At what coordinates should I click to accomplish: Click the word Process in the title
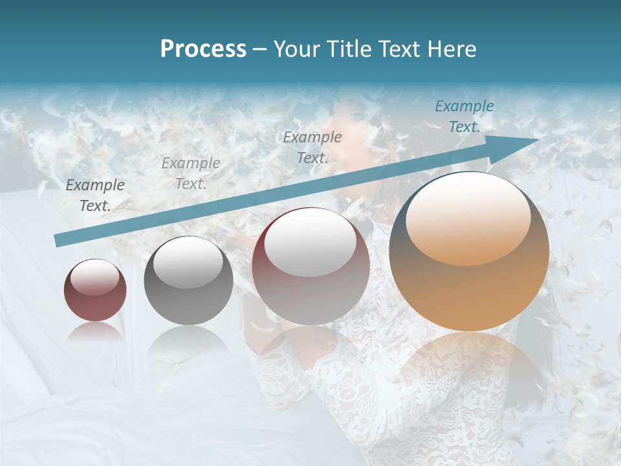pos(203,49)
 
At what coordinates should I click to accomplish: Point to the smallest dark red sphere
pos(95,290)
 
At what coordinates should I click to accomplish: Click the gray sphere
pos(188,281)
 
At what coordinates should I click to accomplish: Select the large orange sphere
pos(469,252)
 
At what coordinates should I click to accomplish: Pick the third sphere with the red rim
pos(310,266)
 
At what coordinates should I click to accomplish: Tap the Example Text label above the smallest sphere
pos(95,195)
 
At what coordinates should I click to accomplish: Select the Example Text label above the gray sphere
pos(191,173)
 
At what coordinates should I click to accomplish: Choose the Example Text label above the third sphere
pos(312,147)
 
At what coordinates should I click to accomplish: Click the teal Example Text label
pos(464,116)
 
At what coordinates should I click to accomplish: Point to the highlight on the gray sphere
pos(188,261)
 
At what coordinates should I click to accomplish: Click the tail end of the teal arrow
pos(58,241)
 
